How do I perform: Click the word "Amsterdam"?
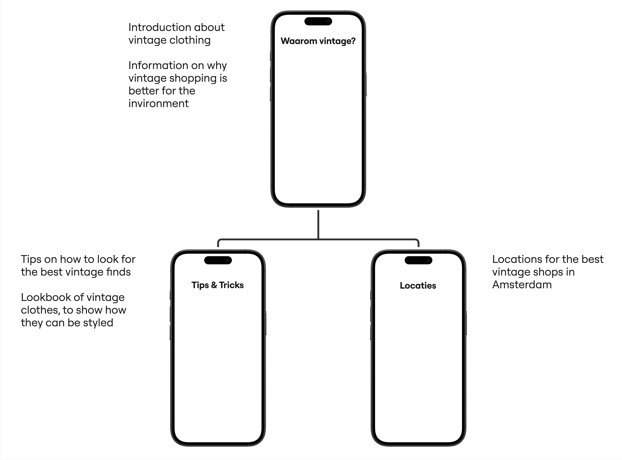coord(522,285)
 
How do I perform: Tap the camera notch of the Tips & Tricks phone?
coord(218,260)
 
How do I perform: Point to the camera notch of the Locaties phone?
coord(418,260)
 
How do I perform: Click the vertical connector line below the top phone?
coord(318,224)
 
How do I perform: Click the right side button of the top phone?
coord(366,84)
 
